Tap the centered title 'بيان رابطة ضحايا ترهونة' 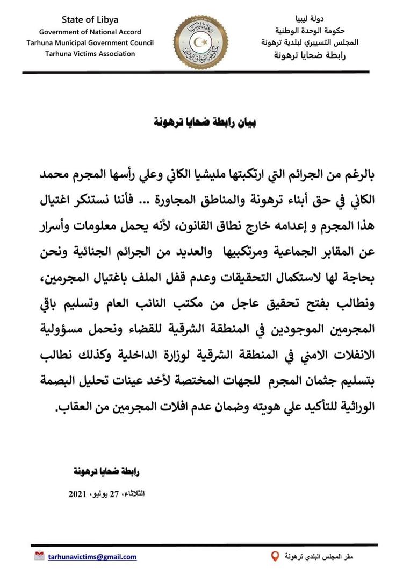pos(202,123)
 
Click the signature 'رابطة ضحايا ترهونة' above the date pos(105,472)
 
